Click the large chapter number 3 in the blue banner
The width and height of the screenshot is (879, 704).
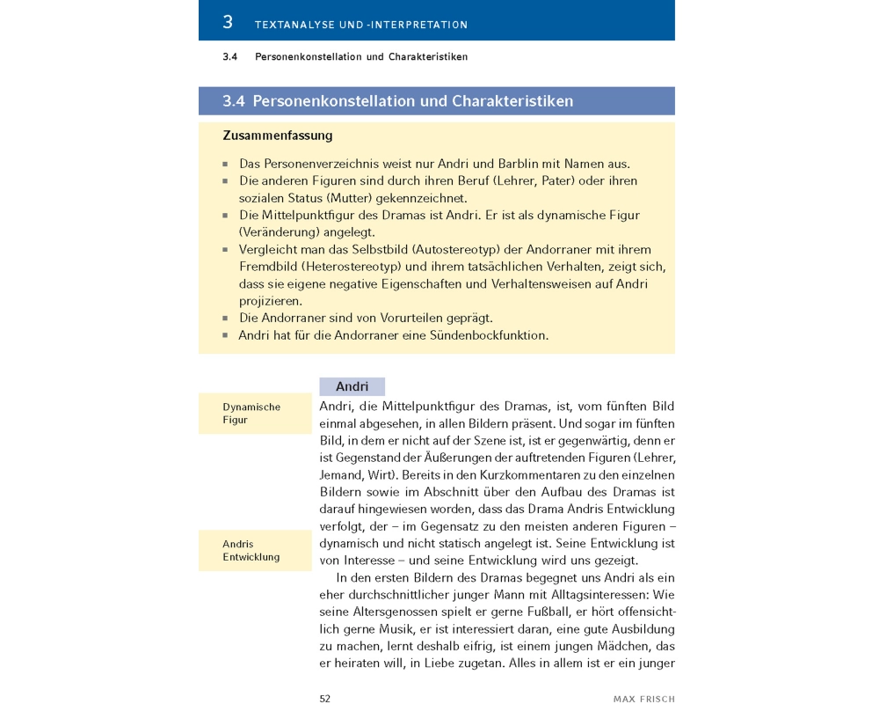coord(228,21)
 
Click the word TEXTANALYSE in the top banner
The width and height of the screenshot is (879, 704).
coord(294,25)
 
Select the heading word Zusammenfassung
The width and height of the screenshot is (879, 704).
coord(277,136)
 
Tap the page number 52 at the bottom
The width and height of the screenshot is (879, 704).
coord(324,698)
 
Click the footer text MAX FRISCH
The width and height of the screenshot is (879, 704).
coord(643,699)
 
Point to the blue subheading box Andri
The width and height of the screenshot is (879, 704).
coord(352,386)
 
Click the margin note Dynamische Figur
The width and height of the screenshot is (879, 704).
coord(251,414)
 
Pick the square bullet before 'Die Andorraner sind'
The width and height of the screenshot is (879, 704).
coord(226,319)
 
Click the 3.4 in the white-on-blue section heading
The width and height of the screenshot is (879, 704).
coord(233,101)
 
